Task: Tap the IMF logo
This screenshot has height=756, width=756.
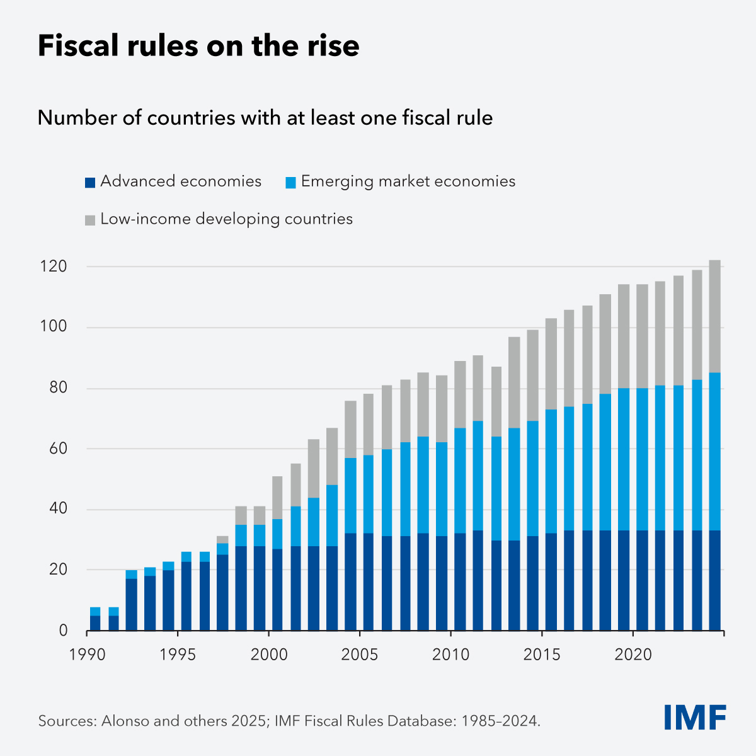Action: pos(695,718)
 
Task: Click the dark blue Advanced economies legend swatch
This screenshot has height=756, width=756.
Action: pos(89,183)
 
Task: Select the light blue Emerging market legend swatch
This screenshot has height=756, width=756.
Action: pos(290,183)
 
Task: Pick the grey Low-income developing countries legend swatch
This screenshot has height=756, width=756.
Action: pos(89,220)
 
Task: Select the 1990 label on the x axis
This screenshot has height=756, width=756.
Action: pos(87,655)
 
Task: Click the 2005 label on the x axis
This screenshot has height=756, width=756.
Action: pos(360,655)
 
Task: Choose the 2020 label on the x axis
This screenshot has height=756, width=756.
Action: pos(633,655)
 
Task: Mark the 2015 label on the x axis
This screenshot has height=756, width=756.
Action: pos(542,655)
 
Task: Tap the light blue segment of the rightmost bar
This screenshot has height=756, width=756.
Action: pos(714,451)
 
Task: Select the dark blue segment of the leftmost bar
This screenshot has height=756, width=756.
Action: pos(95,623)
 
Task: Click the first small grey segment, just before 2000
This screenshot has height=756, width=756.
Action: pos(222,540)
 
